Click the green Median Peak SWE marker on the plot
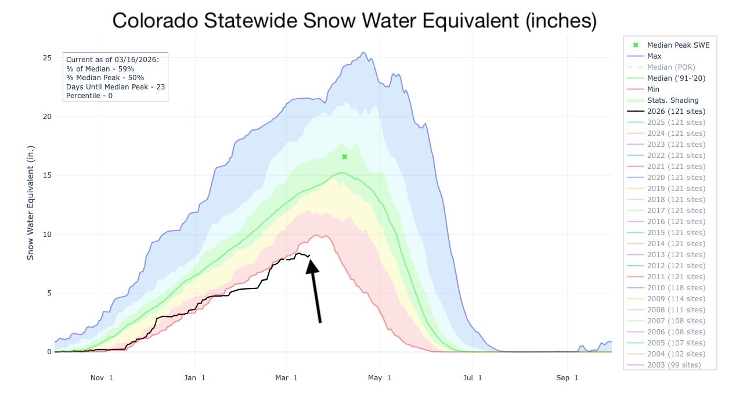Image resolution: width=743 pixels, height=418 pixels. coord(344,157)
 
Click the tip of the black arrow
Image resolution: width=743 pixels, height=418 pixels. coord(311,261)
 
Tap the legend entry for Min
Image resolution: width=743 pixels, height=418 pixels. coord(653,89)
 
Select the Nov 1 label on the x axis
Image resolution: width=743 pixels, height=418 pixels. coord(102,378)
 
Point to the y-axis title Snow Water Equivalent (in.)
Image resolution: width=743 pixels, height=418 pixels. coord(30,203)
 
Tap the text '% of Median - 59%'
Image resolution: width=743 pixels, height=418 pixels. coord(100,69)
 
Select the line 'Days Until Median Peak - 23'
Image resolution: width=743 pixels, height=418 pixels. coord(116,87)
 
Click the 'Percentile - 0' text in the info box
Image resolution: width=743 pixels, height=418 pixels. coord(89,95)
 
